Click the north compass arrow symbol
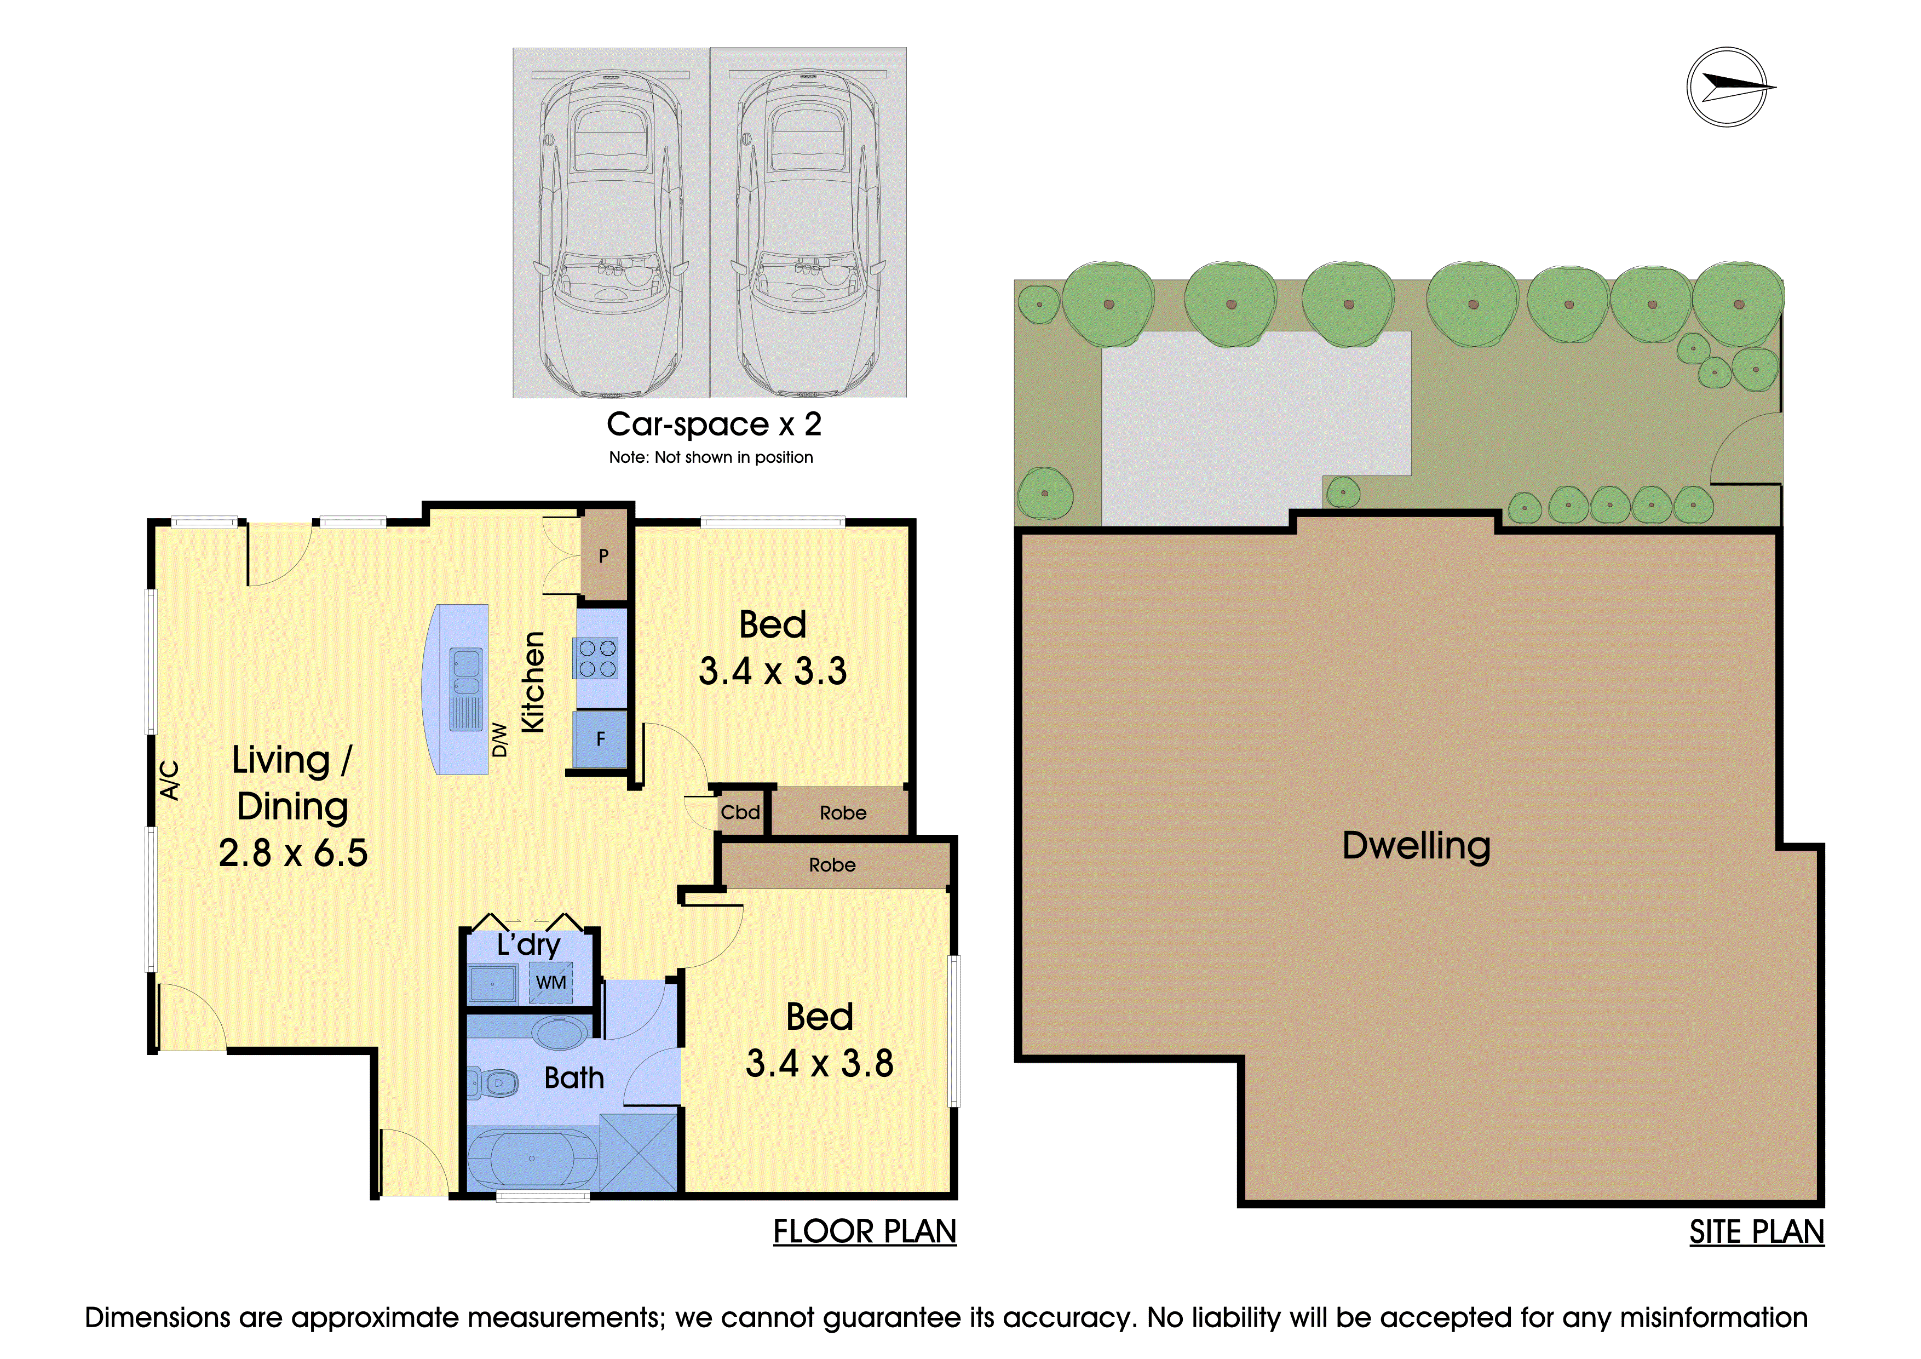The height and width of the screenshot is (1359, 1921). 1730,87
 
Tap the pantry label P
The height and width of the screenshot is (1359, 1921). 603,555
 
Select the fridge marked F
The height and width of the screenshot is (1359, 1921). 600,739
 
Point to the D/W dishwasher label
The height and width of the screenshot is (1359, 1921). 499,739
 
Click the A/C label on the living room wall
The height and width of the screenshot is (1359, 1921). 169,780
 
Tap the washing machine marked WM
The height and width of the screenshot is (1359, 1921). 550,983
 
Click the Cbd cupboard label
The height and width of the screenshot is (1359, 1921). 740,812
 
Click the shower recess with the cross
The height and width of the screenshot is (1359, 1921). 639,1152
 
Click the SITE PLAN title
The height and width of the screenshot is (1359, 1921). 1757,1232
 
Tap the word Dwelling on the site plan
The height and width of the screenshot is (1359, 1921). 1417,846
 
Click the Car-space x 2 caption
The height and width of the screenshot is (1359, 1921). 714,425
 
